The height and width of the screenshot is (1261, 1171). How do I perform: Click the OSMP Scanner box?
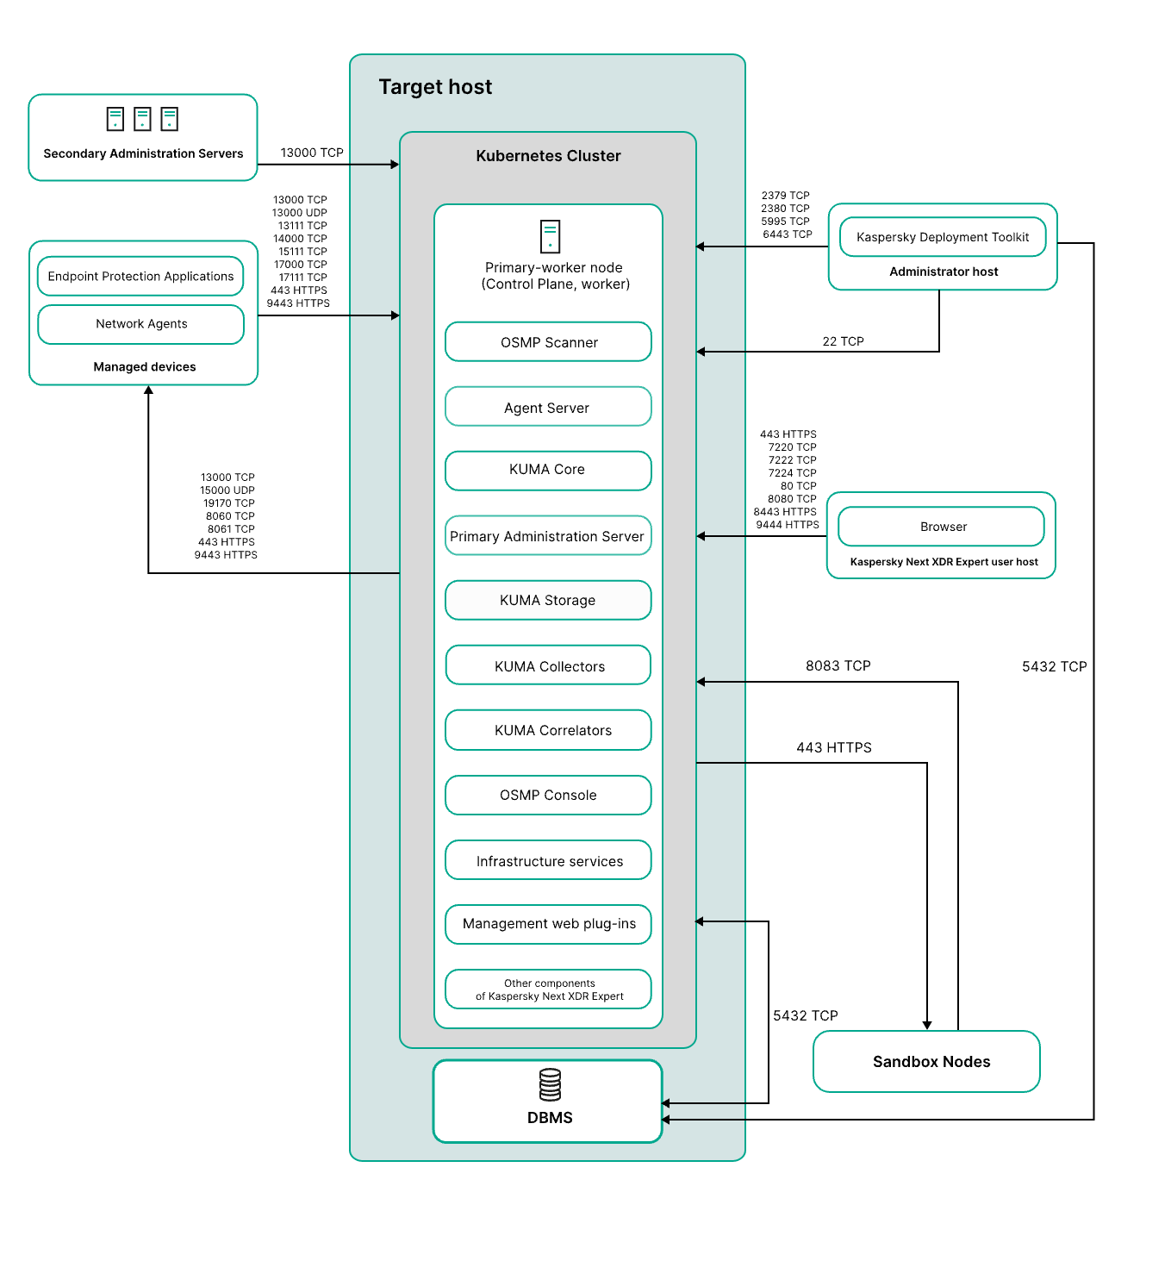pyautogui.click(x=548, y=341)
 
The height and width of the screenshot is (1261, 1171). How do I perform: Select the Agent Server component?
pyautogui.click(x=548, y=406)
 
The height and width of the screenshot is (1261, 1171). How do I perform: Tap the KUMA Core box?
pyautogui.click(x=548, y=471)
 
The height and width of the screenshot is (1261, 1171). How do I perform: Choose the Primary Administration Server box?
pyautogui.click(x=548, y=535)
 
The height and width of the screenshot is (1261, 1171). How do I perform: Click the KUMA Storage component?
pyautogui.click(x=548, y=600)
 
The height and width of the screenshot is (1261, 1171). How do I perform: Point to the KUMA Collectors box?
pyautogui.click(x=548, y=665)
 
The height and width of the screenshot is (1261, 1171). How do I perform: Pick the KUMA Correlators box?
pyautogui.click(x=548, y=729)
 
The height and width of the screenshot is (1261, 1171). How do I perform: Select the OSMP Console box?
pyautogui.click(x=548, y=795)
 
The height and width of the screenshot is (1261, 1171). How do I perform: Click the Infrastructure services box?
pyautogui.click(x=548, y=859)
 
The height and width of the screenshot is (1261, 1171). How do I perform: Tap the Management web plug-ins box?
pyautogui.click(x=548, y=924)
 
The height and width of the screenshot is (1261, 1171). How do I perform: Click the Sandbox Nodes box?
pyautogui.click(x=926, y=1061)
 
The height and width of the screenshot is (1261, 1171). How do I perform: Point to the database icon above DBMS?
pyautogui.click(x=550, y=1084)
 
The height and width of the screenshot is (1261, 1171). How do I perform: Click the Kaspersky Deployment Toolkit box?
pyautogui.click(x=943, y=237)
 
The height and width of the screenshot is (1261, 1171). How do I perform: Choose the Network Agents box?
pyautogui.click(x=141, y=324)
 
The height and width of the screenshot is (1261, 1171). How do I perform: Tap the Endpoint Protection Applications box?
pyautogui.click(x=140, y=276)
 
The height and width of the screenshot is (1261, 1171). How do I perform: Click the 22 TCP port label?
pyautogui.click(x=843, y=341)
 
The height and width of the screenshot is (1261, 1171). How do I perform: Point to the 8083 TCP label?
pyautogui.click(x=838, y=665)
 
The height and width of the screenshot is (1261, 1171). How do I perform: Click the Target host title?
pyautogui.click(x=435, y=86)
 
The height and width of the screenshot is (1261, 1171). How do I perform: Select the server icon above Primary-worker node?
pyautogui.click(x=550, y=236)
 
